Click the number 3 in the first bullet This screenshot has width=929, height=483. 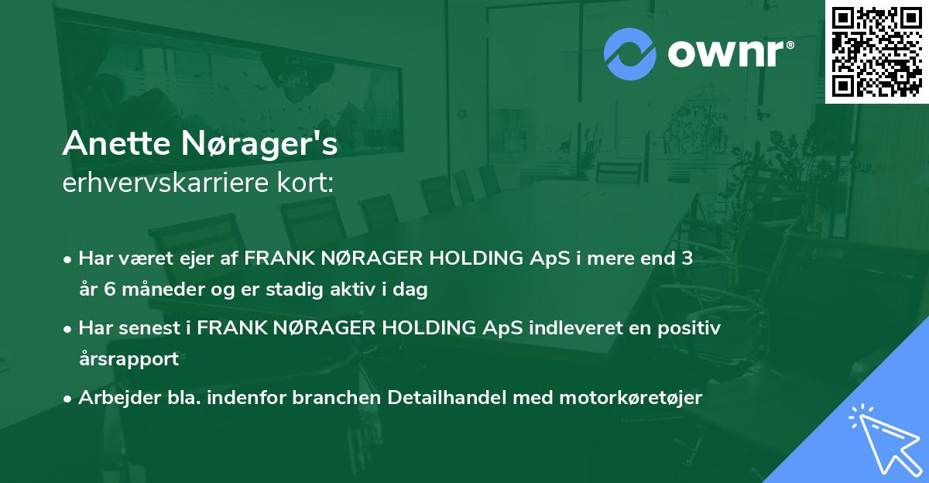(x=686, y=259)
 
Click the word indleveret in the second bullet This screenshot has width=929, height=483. (x=571, y=329)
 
